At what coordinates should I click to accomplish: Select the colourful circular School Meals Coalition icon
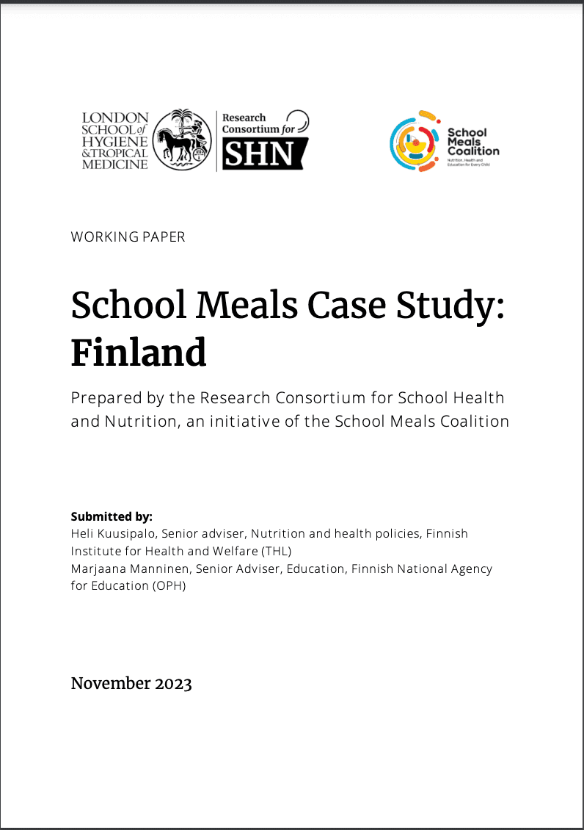click(415, 141)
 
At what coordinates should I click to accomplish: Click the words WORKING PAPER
click(128, 237)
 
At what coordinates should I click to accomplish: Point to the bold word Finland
click(139, 353)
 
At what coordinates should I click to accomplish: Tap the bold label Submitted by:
click(112, 516)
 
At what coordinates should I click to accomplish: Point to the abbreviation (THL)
click(271, 551)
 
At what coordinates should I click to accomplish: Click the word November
click(110, 684)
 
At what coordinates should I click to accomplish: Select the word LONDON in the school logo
click(115, 118)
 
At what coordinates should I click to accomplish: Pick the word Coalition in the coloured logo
click(473, 151)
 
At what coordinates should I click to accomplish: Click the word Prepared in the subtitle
click(102, 399)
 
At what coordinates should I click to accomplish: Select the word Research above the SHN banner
click(244, 118)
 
